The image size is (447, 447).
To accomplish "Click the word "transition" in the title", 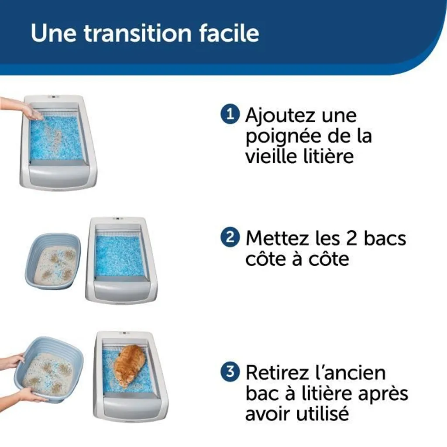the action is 138,33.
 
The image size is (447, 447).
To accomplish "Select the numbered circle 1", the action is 230,114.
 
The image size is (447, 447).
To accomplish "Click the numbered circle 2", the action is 230,237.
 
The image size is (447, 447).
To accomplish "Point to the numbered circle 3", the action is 230,371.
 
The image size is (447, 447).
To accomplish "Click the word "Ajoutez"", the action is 281,116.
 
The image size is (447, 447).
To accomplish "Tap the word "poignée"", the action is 283,137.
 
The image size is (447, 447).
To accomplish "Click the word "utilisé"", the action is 323,413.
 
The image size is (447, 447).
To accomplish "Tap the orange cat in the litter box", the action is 130,364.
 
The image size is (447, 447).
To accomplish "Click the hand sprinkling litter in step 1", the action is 20,109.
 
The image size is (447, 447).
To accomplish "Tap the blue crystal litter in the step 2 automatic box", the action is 120,256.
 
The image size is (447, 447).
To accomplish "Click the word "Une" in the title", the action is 54,33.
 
